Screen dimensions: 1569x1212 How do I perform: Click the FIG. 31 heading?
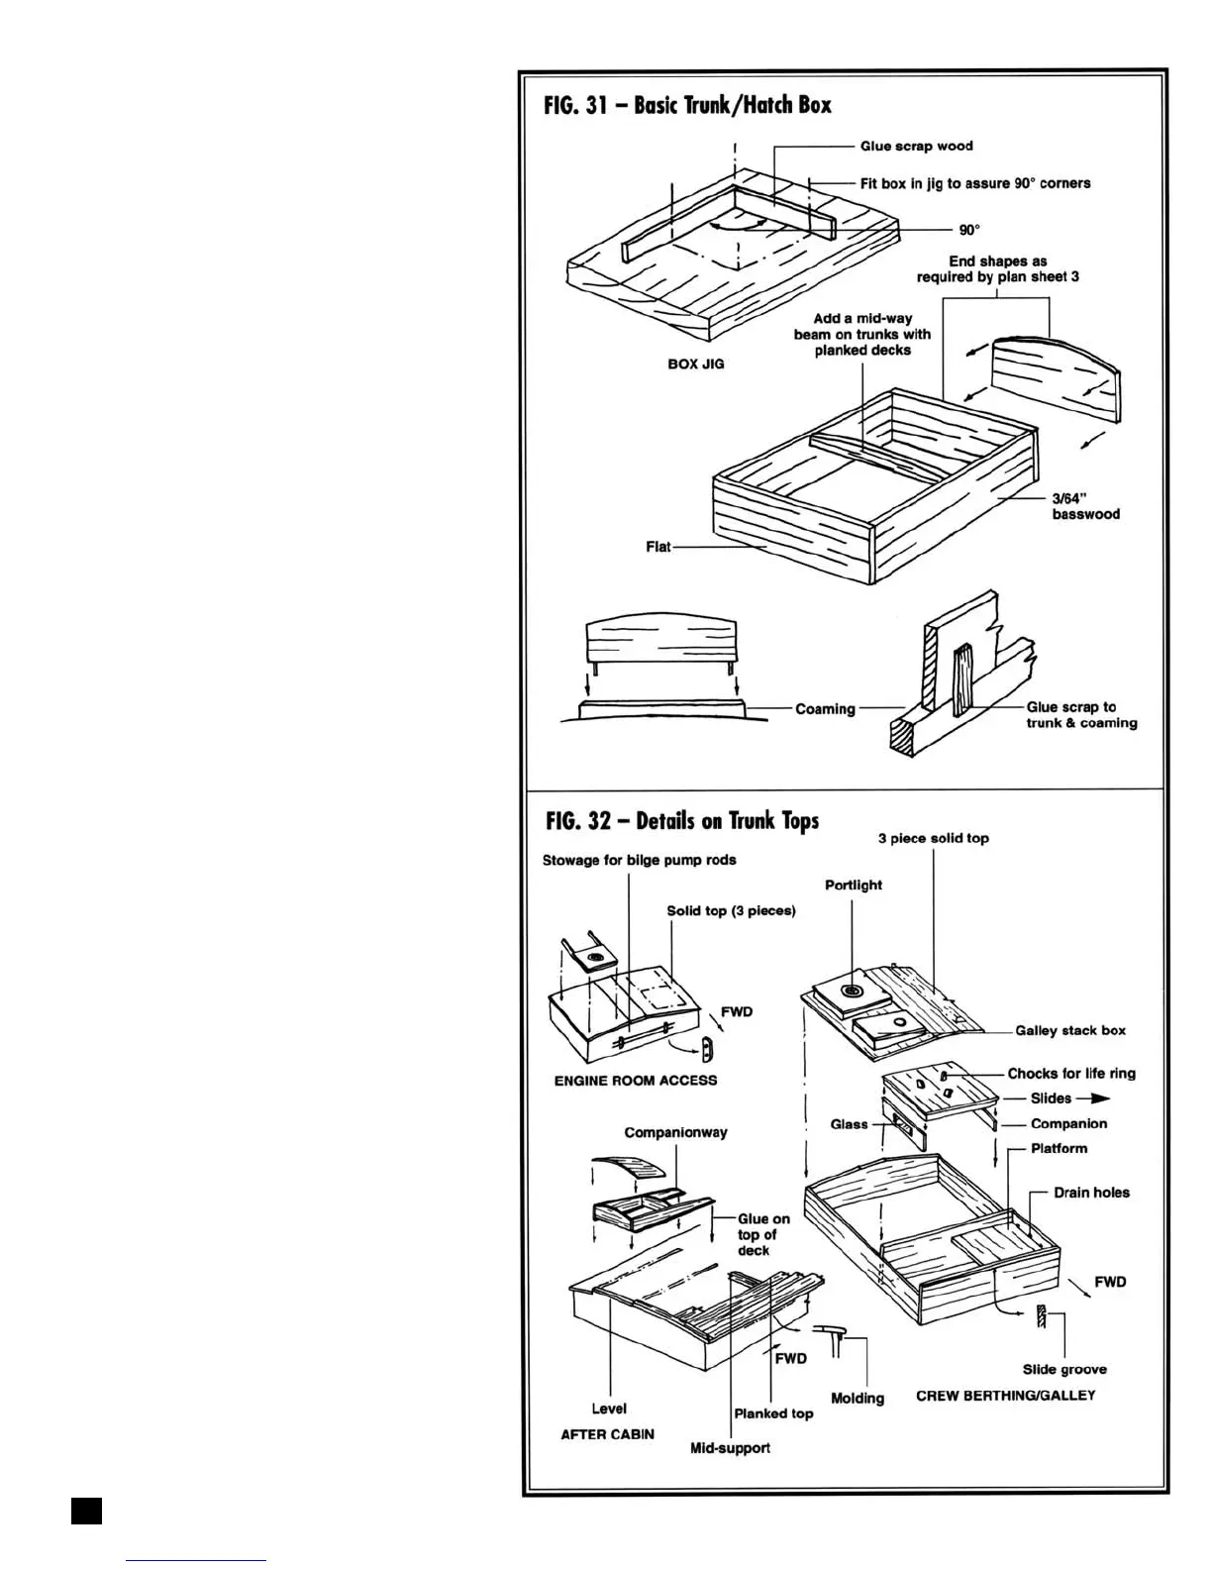(688, 105)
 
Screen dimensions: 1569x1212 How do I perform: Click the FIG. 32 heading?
(682, 821)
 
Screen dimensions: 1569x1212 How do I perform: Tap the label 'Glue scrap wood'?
(916, 147)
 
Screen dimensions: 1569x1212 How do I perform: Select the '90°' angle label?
(969, 230)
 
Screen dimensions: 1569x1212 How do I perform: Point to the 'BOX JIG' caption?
(696, 364)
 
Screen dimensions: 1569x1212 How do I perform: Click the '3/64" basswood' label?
(1085, 506)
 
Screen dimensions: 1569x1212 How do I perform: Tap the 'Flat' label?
(658, 547)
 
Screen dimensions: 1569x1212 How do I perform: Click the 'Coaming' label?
(825, 709)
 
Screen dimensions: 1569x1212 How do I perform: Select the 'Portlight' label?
(854, 886)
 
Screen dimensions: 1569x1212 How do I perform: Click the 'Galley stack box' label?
(1070, 1031)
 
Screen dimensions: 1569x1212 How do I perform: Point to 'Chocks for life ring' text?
(1071, 1074)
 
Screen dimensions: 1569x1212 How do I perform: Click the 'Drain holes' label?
(1091, 1193)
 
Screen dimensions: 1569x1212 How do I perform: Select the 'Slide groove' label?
(1064, 1370)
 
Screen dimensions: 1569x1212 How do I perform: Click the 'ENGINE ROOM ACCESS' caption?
(636, 1081)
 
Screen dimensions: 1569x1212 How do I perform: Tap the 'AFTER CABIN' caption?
(607, 1434)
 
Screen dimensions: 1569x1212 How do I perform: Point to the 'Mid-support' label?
(730, 1448)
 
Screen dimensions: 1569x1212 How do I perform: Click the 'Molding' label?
(857, 1399)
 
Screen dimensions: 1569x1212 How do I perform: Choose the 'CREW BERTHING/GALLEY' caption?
(1006, 1396)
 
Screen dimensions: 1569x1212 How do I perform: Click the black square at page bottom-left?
(86, 1510)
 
